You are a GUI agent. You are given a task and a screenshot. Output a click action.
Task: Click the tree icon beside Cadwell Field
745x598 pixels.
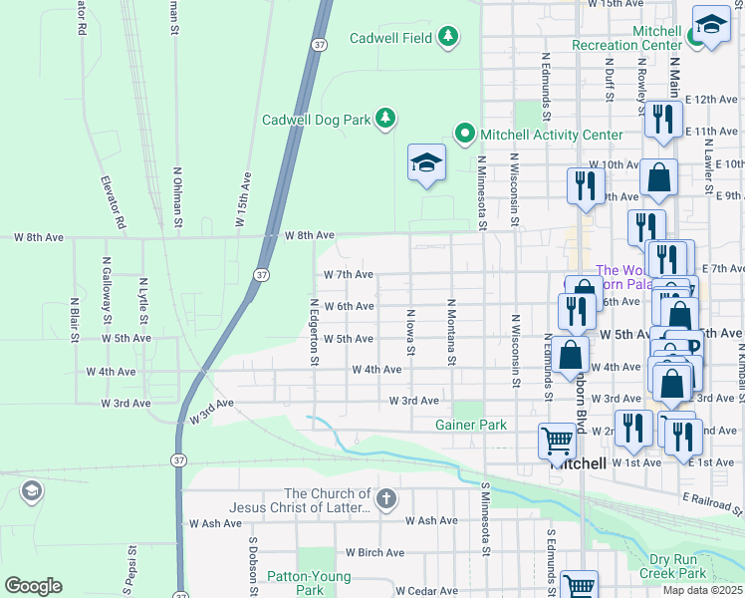coord(448,37)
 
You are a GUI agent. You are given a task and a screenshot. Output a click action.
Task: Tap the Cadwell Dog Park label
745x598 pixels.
coord(316,120)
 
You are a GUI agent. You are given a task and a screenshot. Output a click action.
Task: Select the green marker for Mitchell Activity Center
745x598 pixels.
coord(464,133)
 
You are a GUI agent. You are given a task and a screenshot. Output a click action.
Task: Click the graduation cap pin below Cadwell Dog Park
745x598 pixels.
coord(426,164)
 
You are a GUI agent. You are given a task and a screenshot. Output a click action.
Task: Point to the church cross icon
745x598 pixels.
coord(386,497)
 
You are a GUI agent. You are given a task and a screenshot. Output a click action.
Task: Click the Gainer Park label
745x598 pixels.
coord(471,425)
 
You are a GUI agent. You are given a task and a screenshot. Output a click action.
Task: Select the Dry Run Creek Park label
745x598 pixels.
coord(673,566)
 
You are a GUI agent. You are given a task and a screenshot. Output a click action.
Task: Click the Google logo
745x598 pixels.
coord(33,585)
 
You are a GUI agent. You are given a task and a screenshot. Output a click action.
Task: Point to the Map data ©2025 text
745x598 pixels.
coord(701,590)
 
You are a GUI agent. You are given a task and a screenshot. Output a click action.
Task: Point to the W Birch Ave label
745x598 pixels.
coord(374,552)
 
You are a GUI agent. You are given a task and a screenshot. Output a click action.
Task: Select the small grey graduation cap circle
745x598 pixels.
coord(32,490)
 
